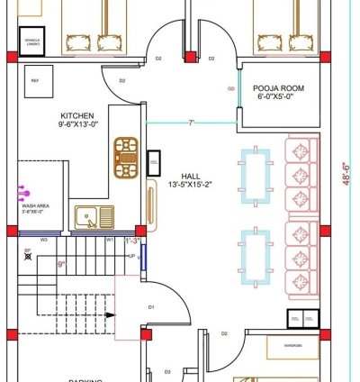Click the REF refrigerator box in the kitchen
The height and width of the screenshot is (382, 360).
click(x=36, y=80)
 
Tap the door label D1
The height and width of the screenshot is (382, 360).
click(x=151, y=307)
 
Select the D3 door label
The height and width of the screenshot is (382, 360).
click(x=167, y=371)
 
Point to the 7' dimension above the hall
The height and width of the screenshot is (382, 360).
click(x=190, y=120)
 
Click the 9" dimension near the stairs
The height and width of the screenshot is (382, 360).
click(x=60, y=264)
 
